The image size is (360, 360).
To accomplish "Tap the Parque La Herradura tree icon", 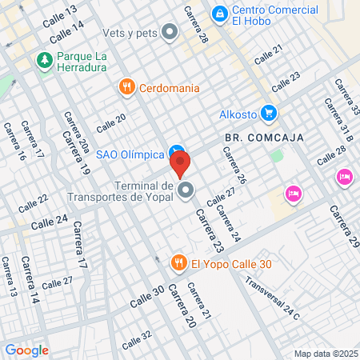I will pyautogui.click(x=44, y=60).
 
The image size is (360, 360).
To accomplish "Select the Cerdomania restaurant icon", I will pyautogui.click(x=126, y=87).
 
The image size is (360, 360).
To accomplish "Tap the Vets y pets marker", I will pyautogui.click(x=170, y=33).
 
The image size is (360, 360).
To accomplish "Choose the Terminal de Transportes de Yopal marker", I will pyautogui.click(x=186, y=190).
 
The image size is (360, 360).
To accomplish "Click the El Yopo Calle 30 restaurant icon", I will pyautogui.click(x=179, y=262).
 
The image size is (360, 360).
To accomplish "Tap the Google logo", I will pyautogui.click(x=26, y=350).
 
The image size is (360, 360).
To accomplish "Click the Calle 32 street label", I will pyautogui.click(x=136, y=340).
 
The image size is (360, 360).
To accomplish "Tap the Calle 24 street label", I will pyautogui.click(x=50, y=222).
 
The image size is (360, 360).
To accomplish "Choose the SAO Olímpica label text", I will pyautogui.click(x=130, y=154).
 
